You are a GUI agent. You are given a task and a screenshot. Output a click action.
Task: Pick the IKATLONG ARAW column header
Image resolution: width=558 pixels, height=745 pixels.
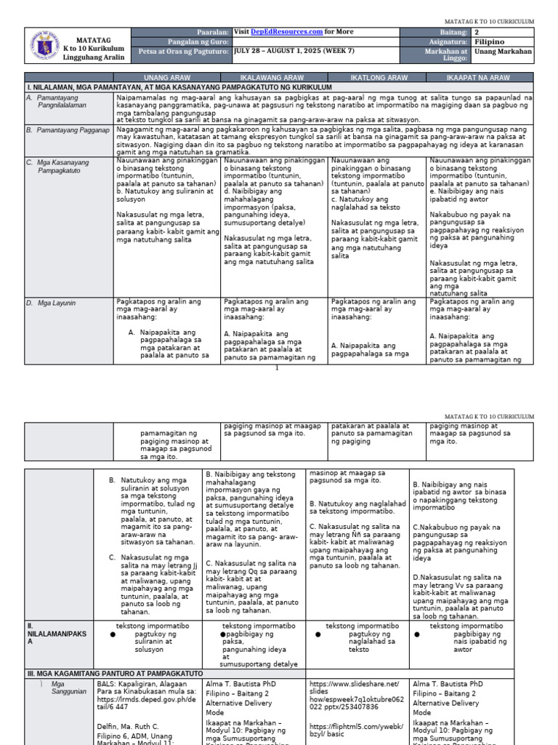(379, 77)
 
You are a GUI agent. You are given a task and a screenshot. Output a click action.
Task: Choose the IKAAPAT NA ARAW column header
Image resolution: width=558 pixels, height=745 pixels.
(480, 77)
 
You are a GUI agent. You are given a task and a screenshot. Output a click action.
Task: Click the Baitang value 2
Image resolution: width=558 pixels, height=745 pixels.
(477, 32)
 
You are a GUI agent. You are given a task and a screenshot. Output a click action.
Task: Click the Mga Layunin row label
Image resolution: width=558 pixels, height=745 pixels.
(54, 301)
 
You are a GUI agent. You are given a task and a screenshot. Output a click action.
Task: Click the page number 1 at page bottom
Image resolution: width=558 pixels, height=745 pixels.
(277, 368)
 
